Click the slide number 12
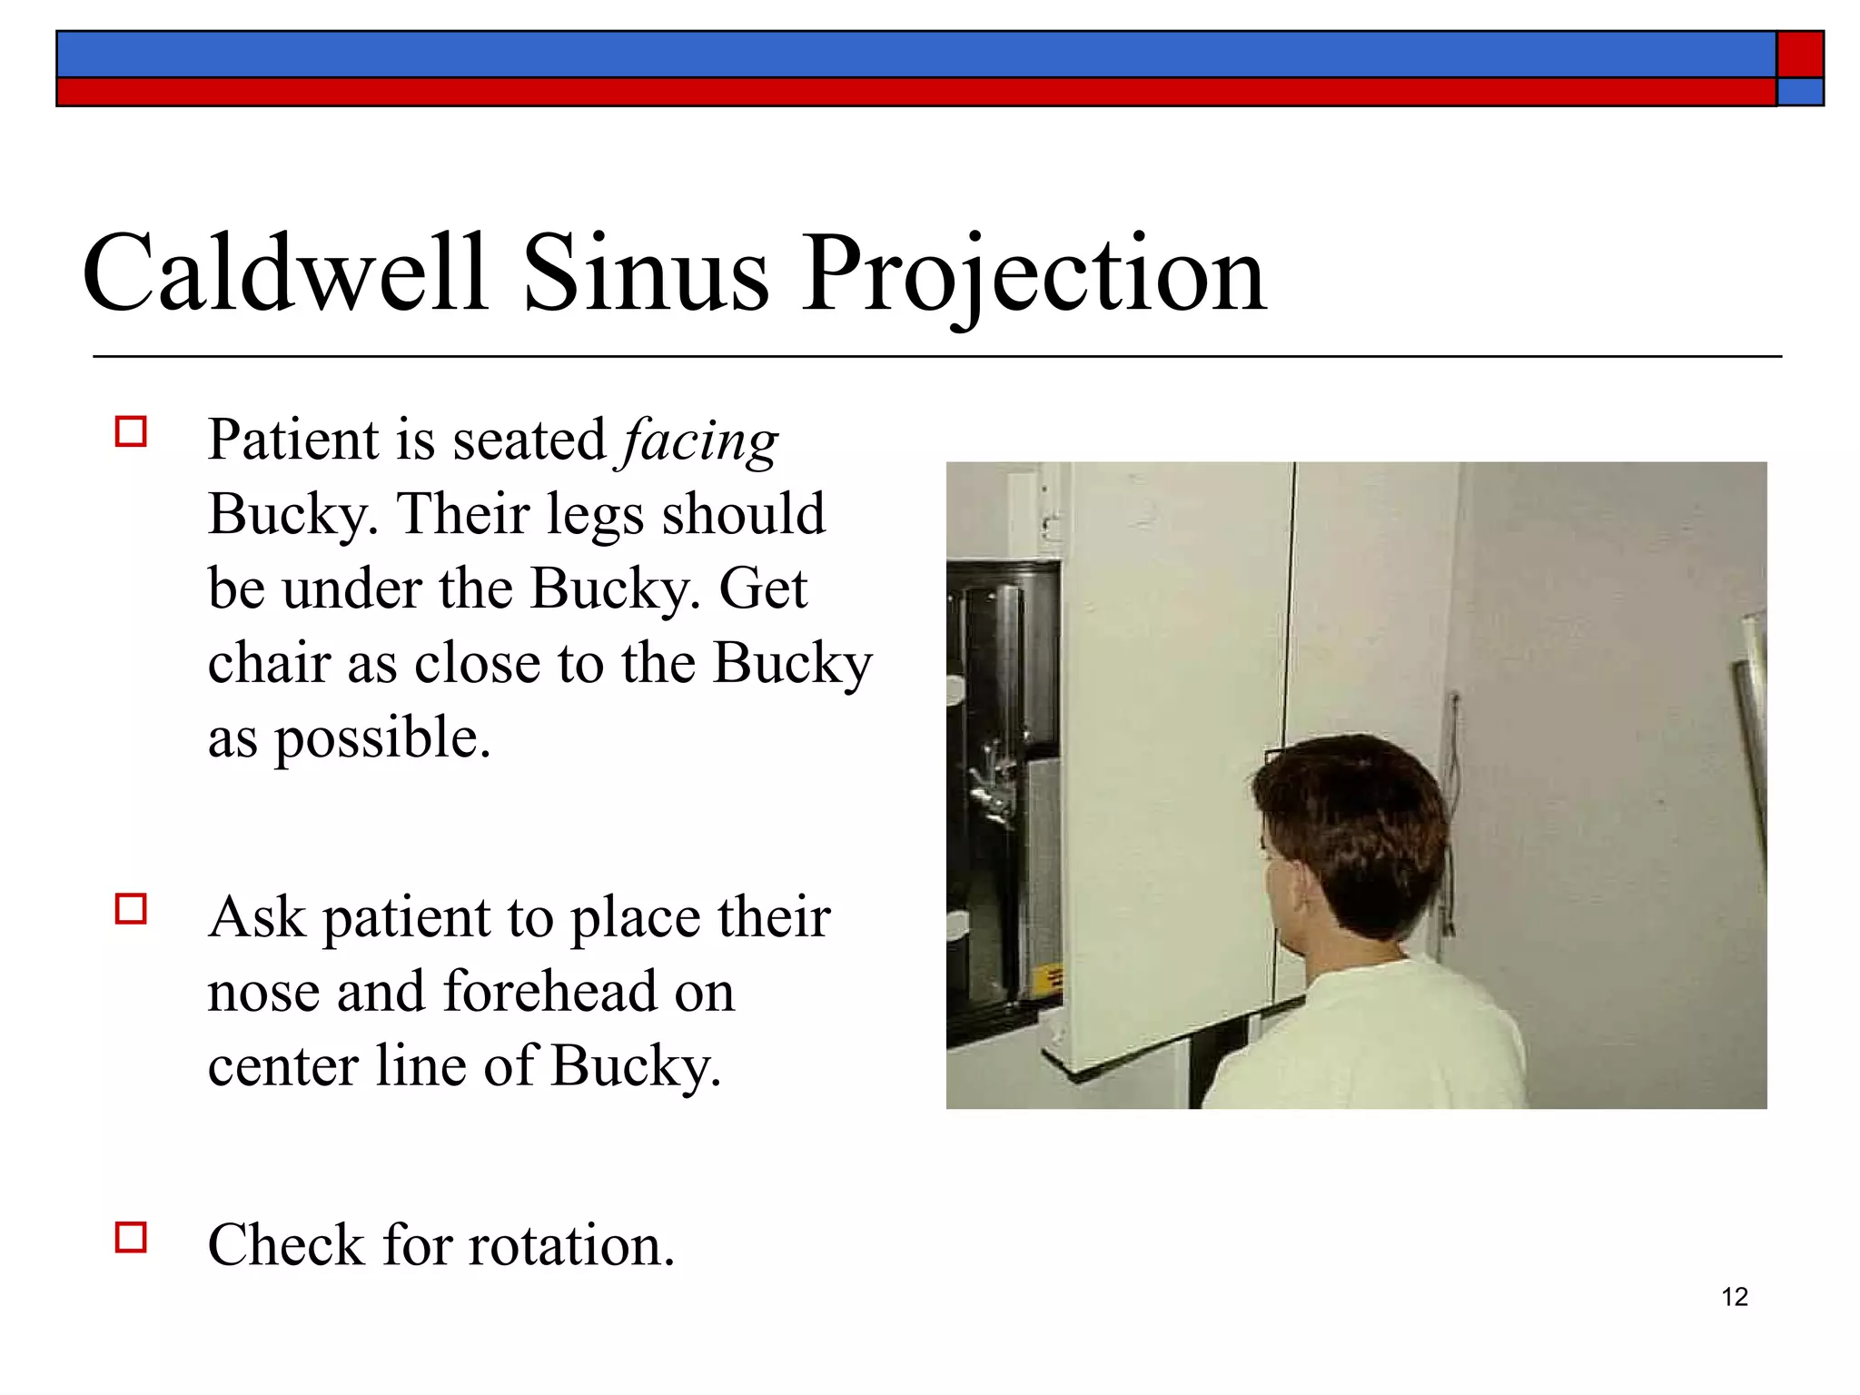[x=1734, y=1297]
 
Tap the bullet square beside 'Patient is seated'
[x=131, y=431]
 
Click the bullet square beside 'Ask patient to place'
[x=131, y=909]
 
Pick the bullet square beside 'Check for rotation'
[x=131, y=1237]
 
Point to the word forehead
[x=549, y=992]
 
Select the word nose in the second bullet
[x=264, y=994]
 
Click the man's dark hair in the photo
[x=1353, y=817]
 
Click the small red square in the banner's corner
[x=1799, y=54]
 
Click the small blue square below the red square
[x=1799, y=92]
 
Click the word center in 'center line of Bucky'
[x=282, y=1068]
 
